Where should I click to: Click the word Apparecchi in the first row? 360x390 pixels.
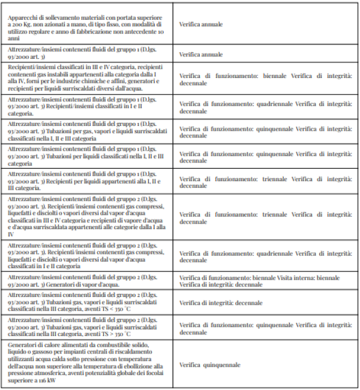click(x=23, y=18)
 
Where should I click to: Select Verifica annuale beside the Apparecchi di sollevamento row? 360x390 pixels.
click(x=201, y=25)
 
